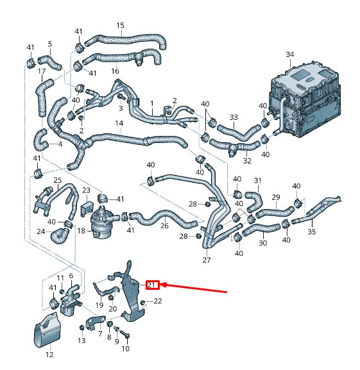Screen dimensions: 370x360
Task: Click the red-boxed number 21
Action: click(x=152, y=284)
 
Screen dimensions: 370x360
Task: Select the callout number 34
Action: click(x=289, y=55)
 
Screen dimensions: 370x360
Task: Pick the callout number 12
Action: click(x=49, y=353)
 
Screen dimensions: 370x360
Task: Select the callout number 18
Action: click(x=81, y=230)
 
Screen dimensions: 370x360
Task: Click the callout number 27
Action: click(x=206, y=260)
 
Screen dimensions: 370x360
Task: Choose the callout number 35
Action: click(x=312, y=232)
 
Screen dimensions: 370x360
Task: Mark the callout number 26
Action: click(x=164, y=226)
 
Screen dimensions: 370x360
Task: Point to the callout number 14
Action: click(x=119, y=122)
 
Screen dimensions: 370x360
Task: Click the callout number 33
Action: click(x=234, y=117)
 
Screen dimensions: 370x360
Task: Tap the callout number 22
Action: click(x=158, y=301)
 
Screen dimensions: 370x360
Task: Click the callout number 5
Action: click(x=49, y=44)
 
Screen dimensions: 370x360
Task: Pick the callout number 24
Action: click(x=40, y=231)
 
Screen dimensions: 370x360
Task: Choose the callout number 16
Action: click(x=116, y=71)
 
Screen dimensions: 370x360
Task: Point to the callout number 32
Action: click(x=246, y=161)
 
